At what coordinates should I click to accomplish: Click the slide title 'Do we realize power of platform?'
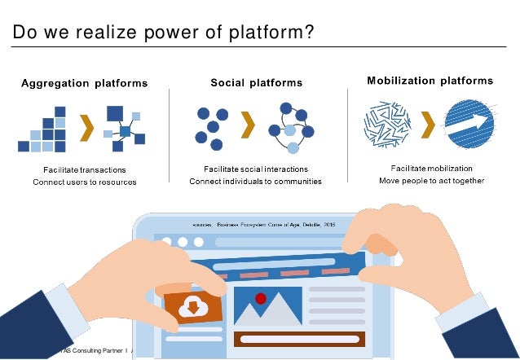pos(163,32)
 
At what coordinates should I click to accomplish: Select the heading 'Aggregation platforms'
pos(84,83)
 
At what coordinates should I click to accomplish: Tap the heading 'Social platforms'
pos(256,83)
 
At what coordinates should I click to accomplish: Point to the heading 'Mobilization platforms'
pos(430,81)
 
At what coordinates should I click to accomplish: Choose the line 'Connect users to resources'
pos(84,182)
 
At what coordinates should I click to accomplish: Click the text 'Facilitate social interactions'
pos(255,169)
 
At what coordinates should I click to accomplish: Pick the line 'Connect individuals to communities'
pos(255,182)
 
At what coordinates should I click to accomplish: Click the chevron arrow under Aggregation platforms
pos(85,126)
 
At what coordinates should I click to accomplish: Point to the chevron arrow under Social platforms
pos(249,125)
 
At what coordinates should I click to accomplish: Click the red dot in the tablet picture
pos(261,298)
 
